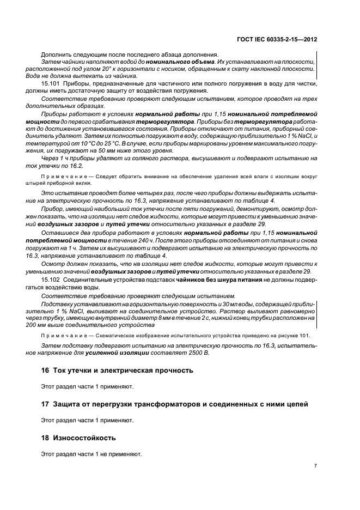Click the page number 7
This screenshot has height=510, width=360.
(315, 465)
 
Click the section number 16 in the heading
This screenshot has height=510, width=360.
(45, 370)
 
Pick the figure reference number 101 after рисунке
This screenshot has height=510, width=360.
(310, 336)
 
